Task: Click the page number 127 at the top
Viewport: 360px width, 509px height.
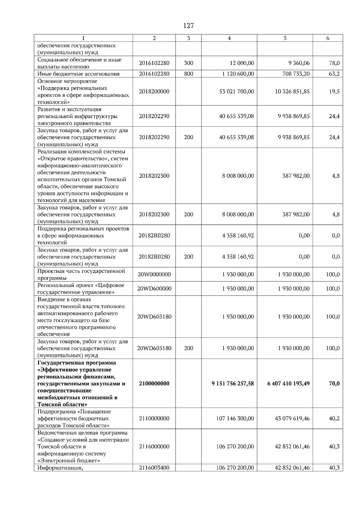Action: click(188, 26)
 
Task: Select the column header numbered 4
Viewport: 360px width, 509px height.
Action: click(229, 38)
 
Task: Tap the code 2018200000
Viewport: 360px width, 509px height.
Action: click(154, 91)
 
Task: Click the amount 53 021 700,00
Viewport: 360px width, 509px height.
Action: click(236, 91)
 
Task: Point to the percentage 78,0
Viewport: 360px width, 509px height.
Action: click(334, 63)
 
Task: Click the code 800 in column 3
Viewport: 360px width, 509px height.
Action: click(188, 74)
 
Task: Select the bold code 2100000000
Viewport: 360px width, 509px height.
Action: click(154, 383)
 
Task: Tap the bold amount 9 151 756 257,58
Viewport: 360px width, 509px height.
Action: click(232, 383)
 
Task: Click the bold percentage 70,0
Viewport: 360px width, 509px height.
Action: click(334, 383)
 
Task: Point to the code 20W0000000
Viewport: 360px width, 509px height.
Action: click(154, 274)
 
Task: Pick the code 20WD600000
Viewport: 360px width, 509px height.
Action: click(154, 288)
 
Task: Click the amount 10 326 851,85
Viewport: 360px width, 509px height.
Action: click(292, 91)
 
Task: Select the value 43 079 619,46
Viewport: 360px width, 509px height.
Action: click(292, 418)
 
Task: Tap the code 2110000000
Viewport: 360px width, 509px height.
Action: click(154, 418)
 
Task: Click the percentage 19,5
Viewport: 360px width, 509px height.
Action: click(334, 91)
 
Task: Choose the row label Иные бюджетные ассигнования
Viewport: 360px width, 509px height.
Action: click(78, 74)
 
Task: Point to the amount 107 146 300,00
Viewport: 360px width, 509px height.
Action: click(235, 418)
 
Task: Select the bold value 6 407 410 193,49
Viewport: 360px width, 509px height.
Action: click(288, 383)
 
